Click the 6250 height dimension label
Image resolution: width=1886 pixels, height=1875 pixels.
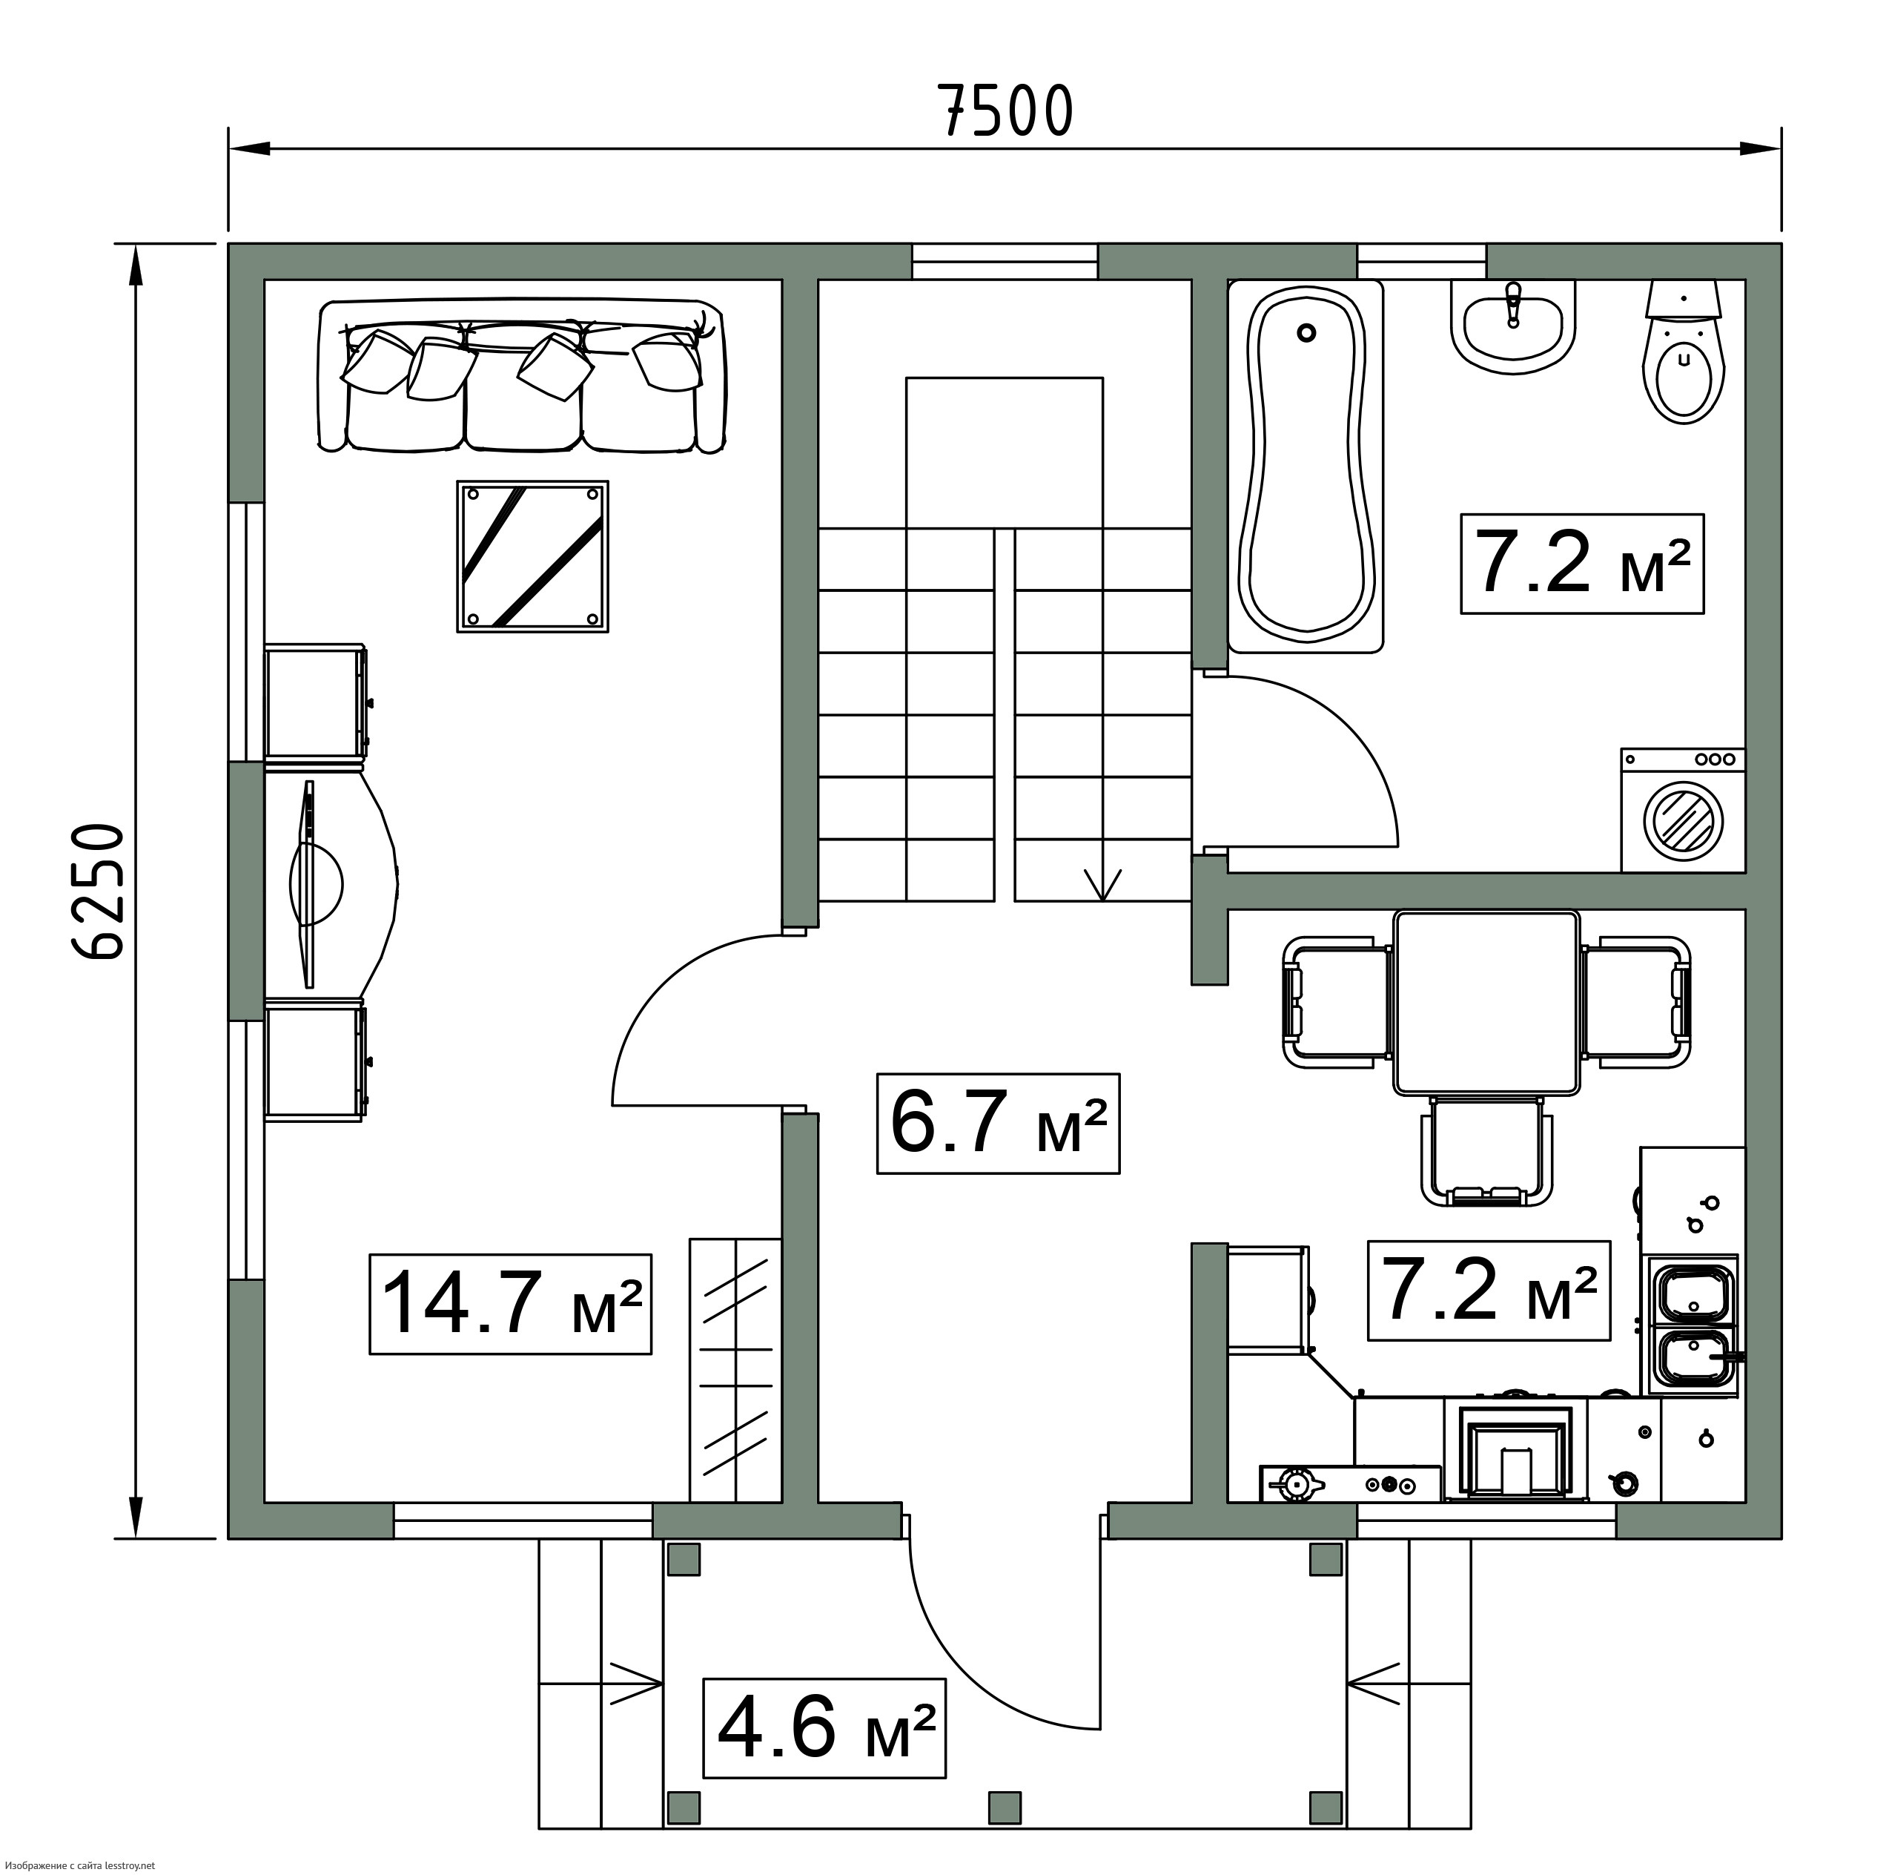click(x=99, y=892)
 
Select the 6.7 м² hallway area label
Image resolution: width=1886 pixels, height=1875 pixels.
click(x=999, y=1123)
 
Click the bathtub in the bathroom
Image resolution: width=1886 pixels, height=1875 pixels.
click(x=1306, y=466)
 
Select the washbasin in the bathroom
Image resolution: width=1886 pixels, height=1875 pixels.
click(x=1513, y=327)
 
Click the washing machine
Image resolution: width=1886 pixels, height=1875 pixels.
click(x=1683, y=810)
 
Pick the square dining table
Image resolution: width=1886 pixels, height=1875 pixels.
click(x=1486, y=1003)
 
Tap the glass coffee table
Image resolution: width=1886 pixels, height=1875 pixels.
click(x=533, y=556)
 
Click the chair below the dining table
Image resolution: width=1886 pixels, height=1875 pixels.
click(x=1486, y=1153)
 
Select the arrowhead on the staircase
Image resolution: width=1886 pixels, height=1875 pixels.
click(x=1103, y=884)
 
